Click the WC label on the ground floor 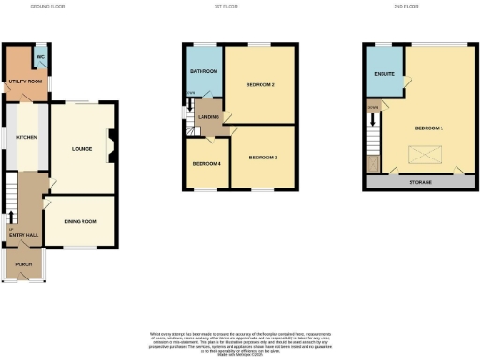(x=40, y=57)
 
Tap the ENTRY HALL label (x=24, y=234)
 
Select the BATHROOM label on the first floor (x=203, y=71)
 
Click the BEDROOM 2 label (x=260, y=85)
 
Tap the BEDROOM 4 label (x=206, y=164)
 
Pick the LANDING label (x=208, y=116)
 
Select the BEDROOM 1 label (x=429, y=127)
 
